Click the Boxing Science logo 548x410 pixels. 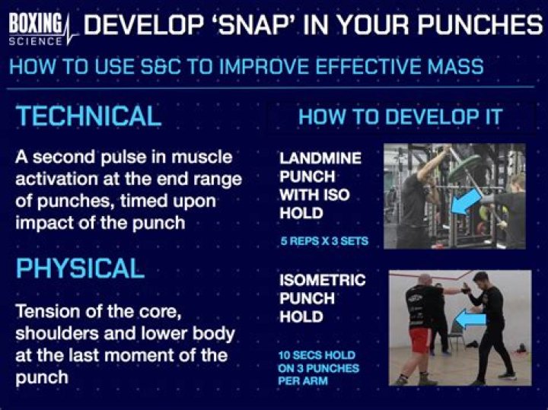(x=40, y=29)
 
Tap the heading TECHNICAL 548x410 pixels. (x=88, y=116)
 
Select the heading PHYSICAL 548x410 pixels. (x=80, y=268)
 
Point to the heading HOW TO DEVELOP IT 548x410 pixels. (x=400, y=117)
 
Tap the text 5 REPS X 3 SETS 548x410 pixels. (x=324, y=242)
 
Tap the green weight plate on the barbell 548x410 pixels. (x=466, y=168)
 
